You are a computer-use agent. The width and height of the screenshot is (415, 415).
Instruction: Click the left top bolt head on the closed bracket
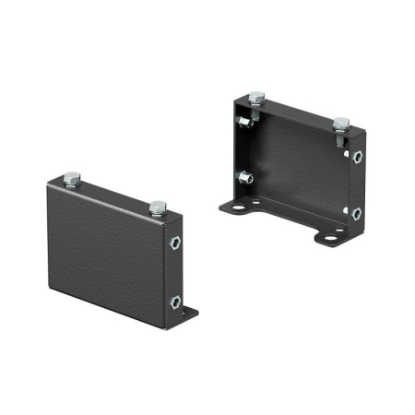click(73, 179)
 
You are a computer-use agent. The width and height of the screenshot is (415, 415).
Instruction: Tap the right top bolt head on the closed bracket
click(158, 207)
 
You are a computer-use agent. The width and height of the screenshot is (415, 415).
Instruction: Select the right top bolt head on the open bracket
click(341, 123)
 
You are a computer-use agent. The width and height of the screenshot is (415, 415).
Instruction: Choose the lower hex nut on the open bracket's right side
click(356, 213)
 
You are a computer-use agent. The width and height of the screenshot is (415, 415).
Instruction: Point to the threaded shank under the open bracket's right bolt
click(341, 138)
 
